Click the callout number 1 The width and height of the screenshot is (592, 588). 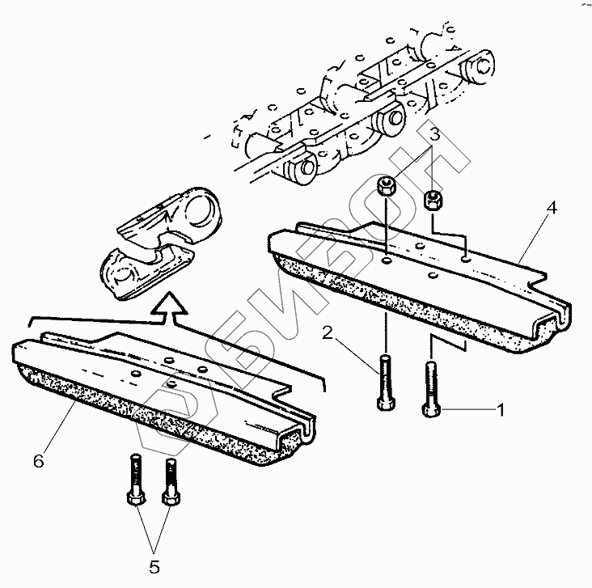coord(500,410)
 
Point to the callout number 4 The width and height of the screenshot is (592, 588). coord(552,208)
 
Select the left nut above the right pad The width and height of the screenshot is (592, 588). coord(386,188)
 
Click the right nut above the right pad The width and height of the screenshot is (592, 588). coord(433,198)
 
